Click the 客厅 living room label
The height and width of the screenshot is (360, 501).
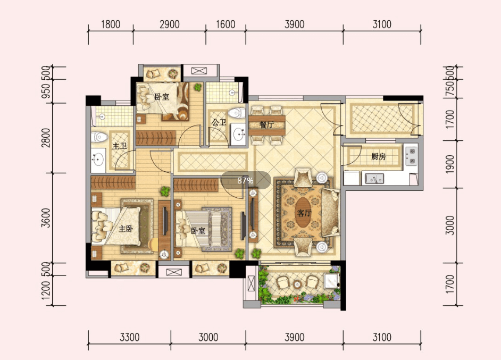(x=304, y=213)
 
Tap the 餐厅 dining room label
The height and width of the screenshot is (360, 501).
(x=267, y=124)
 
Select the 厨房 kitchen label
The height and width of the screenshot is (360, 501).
(x=378, y=156)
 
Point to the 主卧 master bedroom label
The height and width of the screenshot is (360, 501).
(x=126, y=229)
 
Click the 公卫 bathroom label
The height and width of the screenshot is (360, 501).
(x=219, y=122)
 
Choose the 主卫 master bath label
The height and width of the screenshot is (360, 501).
(x=120, y=146)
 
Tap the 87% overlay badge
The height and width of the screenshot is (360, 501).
(x=246, y=180)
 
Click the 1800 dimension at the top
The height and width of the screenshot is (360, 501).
(x=111, y=24)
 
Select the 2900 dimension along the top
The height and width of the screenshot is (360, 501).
(x=169, y=24)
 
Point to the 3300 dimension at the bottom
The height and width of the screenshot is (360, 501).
(x=129, y=337)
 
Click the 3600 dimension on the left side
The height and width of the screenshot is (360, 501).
(x=46, y=218)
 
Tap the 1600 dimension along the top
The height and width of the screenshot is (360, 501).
(x=226, y=24)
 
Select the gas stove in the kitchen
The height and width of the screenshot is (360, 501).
(x=411, y=156)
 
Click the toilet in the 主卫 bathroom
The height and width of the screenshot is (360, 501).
(x=99, y=137)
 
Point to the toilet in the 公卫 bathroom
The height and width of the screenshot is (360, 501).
(x=237, y=113)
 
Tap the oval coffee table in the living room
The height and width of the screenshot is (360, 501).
(x=304, y=212)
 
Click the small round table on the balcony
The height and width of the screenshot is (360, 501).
(x=297, y=284)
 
